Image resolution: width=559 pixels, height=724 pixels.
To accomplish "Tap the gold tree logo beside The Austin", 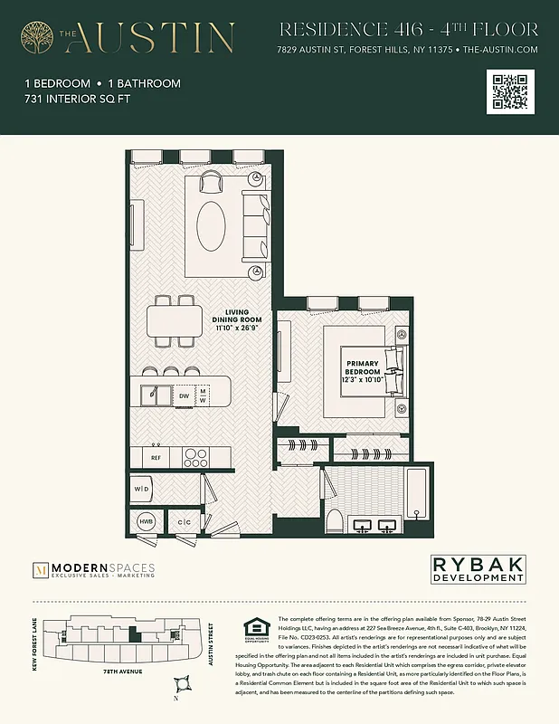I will click(x=38, y=38).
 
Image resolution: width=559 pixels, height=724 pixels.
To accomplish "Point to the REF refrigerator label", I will click(x=156, y=458).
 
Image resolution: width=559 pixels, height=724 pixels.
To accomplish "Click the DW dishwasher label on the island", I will click(x=184, y=395).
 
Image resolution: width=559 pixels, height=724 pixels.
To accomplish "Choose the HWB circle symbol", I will click(x=146, y=522).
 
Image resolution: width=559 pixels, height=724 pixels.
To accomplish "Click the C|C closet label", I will click(x=184, y=523).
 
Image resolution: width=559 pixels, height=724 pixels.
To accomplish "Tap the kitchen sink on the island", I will click(x=156, y=395).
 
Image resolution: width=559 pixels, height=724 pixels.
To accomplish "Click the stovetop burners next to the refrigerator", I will click(x=194, y=458).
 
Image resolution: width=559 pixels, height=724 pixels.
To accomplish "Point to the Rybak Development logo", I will click(x=477, y=569).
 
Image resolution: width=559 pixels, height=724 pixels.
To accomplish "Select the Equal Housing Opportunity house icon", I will click(x=252, y=628).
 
